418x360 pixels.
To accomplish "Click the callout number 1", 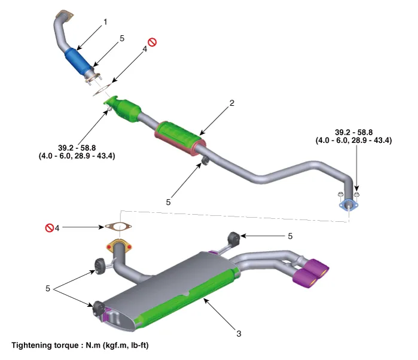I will pos(106,22).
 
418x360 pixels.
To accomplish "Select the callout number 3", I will pos(239,333).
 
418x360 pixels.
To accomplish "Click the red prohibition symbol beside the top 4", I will pos(152,42).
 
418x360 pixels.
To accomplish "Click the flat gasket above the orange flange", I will pos(119,227).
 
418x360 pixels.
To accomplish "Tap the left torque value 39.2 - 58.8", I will pos(78,148).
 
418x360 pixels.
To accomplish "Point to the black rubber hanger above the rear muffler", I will pos(234,238).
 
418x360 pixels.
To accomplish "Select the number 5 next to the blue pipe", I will pos(121,38).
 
